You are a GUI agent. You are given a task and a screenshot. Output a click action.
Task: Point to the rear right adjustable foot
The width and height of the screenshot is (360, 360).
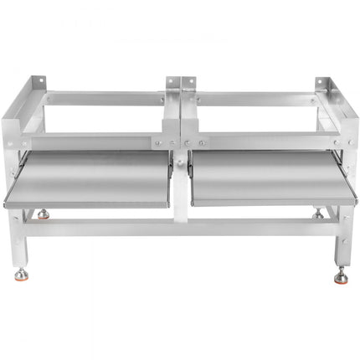point(318,215)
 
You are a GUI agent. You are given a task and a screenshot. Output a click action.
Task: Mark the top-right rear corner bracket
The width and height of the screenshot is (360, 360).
point(322,87)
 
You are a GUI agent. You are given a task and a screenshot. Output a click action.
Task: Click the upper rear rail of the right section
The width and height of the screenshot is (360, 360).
point(255,99)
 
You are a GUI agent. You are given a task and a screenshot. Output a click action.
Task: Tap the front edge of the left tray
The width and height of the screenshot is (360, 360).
point(88,203)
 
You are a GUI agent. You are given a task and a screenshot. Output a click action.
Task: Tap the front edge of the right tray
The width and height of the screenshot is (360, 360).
point(266,202)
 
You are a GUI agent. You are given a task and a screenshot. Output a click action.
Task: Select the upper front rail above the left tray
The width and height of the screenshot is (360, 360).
point(88,142)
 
